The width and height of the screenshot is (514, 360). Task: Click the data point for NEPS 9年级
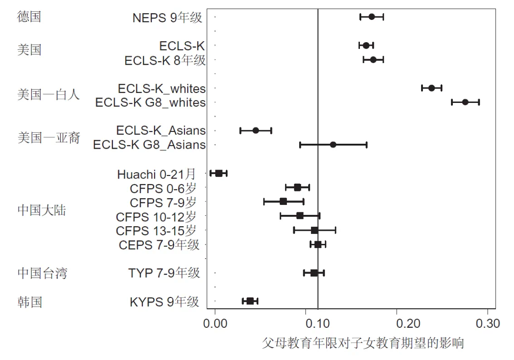click(372, 17)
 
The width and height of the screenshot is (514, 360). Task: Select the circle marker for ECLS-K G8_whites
click(465, 102)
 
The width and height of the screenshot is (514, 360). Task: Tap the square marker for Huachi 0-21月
click(219, 173)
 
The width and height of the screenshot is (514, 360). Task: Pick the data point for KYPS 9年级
click(250, 301)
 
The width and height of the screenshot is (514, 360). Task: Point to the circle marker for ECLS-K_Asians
click(256, 131)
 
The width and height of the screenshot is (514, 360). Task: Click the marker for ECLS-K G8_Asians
click(333, 145)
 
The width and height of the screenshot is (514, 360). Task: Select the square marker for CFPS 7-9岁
click(283, 201)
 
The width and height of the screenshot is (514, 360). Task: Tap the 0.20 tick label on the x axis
click(397, 324)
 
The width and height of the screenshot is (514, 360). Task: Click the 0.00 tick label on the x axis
click(215, 324)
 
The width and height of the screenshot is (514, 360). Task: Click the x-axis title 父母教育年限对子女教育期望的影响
click(363, 343)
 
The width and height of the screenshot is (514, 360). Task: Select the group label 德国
click(29, 17)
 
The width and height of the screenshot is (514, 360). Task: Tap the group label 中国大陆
click(42, 210)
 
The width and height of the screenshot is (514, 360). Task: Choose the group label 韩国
click(29, 302)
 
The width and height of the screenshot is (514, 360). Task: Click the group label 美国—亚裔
click(48, 137)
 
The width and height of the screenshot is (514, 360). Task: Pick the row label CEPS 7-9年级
click(159, 245)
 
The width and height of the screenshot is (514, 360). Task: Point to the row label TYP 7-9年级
click(164, 273)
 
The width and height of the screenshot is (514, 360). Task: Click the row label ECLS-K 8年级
click(165, 60)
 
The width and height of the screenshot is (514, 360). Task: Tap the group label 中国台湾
click(42, 273)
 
